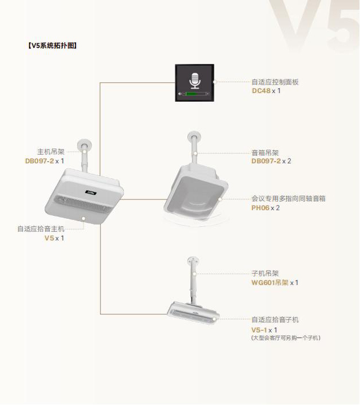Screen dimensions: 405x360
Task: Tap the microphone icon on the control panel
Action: pyautogui.click(x=194, y=81)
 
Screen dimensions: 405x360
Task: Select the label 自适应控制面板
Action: pyautogui.click(x=275, y=82)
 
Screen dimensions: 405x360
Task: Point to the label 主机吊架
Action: pyautogui.click(x=51, y=152)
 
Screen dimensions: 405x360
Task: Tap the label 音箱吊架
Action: pyautogui.click(x=265, y=153)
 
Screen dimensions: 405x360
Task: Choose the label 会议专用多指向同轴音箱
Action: pyautogui.click(x=292, y=199)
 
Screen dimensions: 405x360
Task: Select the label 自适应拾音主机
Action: pyautogui.click(x=41, y=228)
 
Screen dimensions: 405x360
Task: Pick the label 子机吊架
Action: pyautogui.click(x=265, y=274)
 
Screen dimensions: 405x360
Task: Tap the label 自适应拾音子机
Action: pyautogui.click(x=275, y=320)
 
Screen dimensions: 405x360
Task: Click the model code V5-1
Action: pyautogui.click(x=259, y=330)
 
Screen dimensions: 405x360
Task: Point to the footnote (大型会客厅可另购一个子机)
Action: pyautogui.click(x=286, y=338)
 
